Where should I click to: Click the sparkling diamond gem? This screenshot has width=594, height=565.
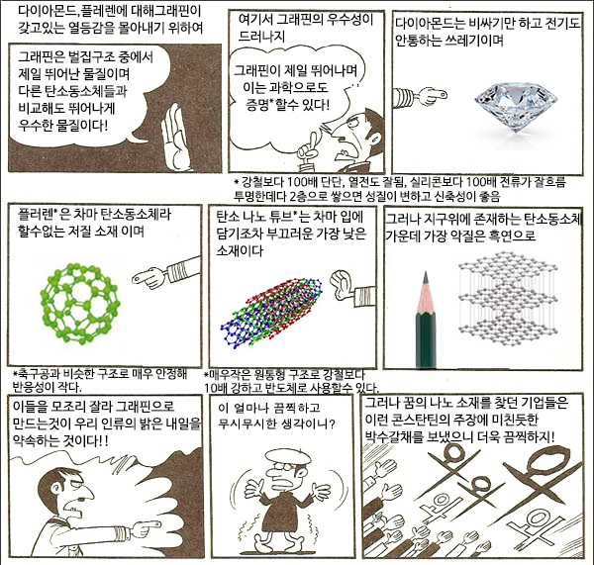(516, 107)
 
